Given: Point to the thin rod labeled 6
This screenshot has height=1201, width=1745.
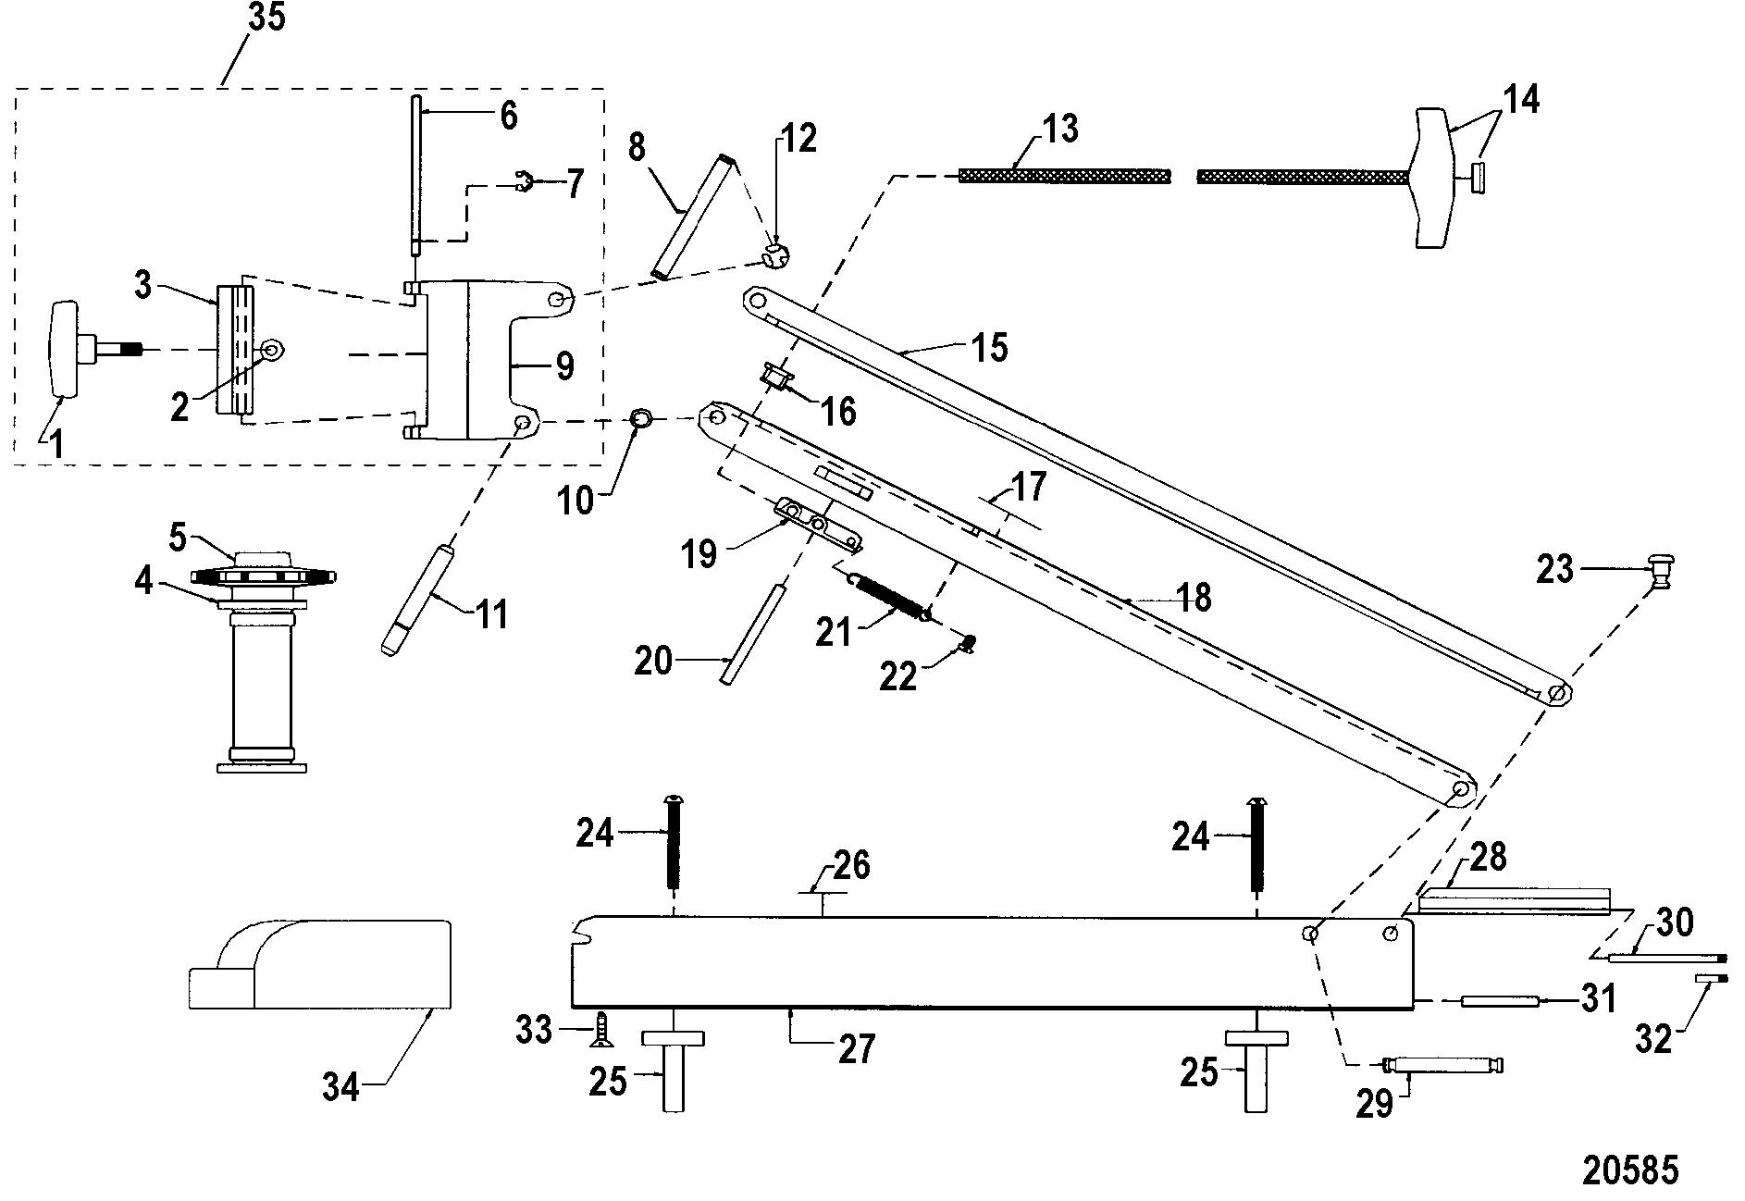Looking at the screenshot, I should coord(417,176).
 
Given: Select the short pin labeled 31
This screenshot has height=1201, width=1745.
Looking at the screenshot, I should coord(1498,1000).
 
